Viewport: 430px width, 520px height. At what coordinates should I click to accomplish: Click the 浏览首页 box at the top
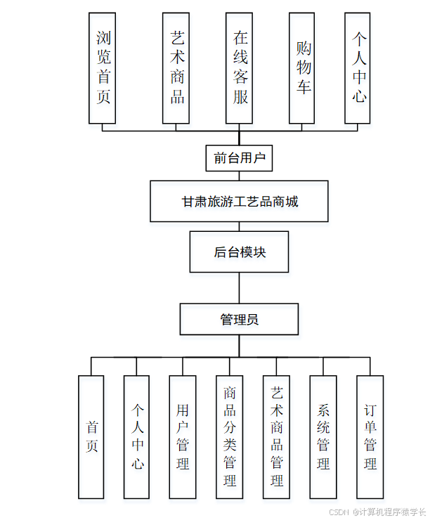(103, 67)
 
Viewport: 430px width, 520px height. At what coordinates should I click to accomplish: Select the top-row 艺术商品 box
(176, 67)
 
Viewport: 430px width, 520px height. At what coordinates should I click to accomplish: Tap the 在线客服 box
(240, 67)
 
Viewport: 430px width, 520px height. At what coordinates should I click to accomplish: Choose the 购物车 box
(302, 67)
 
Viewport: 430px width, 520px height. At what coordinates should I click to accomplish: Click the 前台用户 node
(239, 158)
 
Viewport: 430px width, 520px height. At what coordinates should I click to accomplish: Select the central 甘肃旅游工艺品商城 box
(239, 202)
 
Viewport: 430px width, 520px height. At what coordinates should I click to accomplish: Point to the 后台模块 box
(239, 252)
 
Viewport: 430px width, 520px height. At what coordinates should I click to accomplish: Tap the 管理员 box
(239, 319)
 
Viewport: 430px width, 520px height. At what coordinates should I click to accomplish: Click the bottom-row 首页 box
(91, 437)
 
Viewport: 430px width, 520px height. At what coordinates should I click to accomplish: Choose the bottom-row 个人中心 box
(136, 437)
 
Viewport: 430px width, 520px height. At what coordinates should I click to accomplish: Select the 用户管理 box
(183, 437)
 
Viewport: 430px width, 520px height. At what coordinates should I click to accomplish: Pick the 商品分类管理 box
(229, 437)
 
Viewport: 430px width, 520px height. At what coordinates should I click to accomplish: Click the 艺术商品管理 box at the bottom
(276, 437)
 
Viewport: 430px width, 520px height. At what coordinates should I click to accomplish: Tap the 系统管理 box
(323, 437)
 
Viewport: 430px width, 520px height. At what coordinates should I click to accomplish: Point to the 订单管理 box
(370, 437)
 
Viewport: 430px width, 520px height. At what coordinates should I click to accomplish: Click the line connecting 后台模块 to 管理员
(239, 288)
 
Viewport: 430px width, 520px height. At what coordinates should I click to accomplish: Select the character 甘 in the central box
(188, 202)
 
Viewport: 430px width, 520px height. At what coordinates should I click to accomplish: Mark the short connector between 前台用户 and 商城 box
(239, 176)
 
